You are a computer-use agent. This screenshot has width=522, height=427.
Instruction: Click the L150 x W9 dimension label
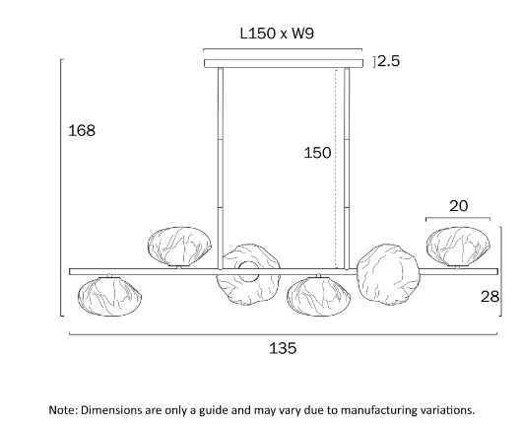pyautogui.click(x=277, y=34)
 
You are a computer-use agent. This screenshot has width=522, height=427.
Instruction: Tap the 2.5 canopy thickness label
pyautogui.click(x=388, y=61)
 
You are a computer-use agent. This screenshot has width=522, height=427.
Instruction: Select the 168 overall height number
pyautogui.click(x=82, y=130)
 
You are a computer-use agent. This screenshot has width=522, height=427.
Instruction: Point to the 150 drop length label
pyautogui.click(x=317, y=153)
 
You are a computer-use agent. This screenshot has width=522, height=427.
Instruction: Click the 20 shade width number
pyautogui.click(x=458, y=206)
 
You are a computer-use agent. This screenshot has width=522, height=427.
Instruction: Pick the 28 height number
pyautogui.click(x=490, y=296)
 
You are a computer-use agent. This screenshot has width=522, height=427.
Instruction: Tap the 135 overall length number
pyautogui.click(x=283, y=348)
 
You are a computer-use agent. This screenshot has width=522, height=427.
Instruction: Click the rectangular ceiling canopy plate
pyautogui.click(x=284, y=63)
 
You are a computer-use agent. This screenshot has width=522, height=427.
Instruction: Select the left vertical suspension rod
pyautogui.click(x=221, y=169)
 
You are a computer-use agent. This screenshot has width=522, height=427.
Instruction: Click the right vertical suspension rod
pyautogui.click(x=347, y=169)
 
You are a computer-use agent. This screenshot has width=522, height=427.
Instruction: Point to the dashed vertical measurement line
pyautogui.click(x=337, y=169)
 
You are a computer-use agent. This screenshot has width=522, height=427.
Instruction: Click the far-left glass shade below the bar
pyautogui.click(x=109, y=296)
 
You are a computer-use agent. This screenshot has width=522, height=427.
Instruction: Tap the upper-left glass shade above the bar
pyautogui.click(x=179, y=247)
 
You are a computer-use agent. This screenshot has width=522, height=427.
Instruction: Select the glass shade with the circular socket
pyautogui.click(x=248, y=274)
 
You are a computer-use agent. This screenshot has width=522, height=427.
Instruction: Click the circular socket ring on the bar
pyautogui.click(x=248, y=271)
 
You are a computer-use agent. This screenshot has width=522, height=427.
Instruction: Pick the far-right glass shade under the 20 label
pyautogui.click(x=458, y=247)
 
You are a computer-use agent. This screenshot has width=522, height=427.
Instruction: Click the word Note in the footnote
pyautogui.click(x=63, y=409)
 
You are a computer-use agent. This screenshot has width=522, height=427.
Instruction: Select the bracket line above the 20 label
pyautogui.click(x=458, y=219)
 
